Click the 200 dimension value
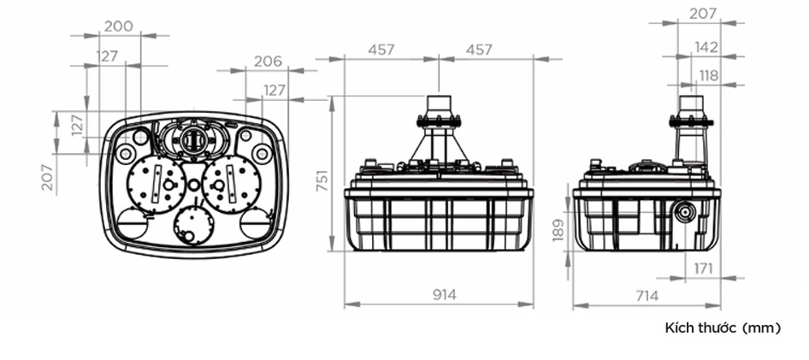pyautogui.click(x=118, y=26)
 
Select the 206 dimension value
pyautogui.click(x=268, y=62)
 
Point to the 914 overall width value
pyautogui.click(x=444, y=294)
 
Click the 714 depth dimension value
pyautogui.click(x=647, y=296)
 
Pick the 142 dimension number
pyautogui.click(x=705, y=47)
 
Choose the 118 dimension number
pyautogui.click(x=708, y=76)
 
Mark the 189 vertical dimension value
pyautogui.click(x=558, y=229)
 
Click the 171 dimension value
pyautogui.click(x=703, y=269)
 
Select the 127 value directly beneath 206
pyautogui.click(x=275, y=91)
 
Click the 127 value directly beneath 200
pyautogui.click(x=107, y=56)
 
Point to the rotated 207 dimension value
pyautogui.click(x=48, y=177)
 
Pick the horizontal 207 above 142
pyautogui.click(x=704, y=13)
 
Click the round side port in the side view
pyautogui.click(x=685, y=212)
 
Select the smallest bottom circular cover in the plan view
pyautogui.click(x=193, y=226)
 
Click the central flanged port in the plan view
pyautogui.click(x=193, y=138)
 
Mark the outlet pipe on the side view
pyautogui.click(x=691, y=129)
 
